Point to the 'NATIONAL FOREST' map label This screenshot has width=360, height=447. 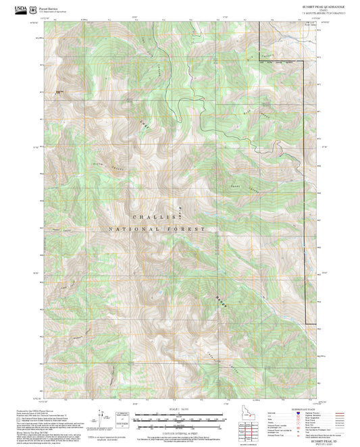(x=156, y=230)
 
